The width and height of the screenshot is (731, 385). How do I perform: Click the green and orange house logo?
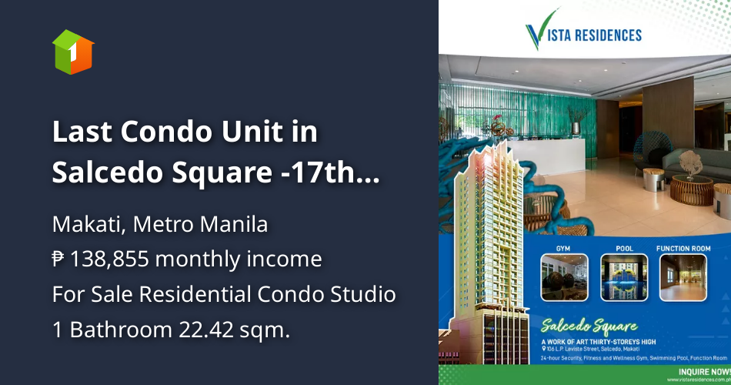[x=72, y=52]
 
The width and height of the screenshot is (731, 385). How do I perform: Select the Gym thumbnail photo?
[x=564, y=277]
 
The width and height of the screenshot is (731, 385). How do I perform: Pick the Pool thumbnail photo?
[x=623, y=277]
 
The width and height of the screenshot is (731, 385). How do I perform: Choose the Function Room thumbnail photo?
[x=683, y=277]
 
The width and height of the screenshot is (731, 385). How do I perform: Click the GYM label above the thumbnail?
[x=564, y=249]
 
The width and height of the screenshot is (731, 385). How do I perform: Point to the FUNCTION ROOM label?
[x=683, y=249]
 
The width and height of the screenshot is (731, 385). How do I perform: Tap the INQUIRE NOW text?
[x=703, y=369]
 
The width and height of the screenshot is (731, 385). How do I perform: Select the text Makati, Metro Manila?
[x=160, y=225]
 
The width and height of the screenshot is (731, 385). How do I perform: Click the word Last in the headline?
[x=76, y=132]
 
